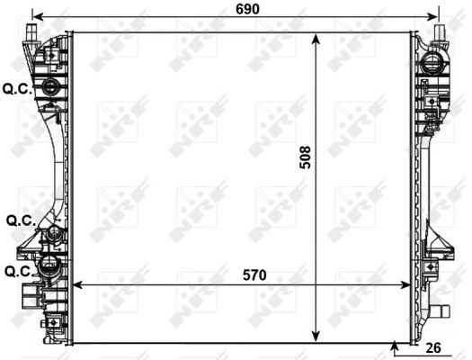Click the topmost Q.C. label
(16, 88)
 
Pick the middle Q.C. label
(19, 220)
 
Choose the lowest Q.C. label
(19, 270)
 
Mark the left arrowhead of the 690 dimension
(35, 16)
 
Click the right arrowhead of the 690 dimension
(437, 16)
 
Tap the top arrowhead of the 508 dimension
(316, 37)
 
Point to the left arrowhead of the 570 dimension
(76, 284)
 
